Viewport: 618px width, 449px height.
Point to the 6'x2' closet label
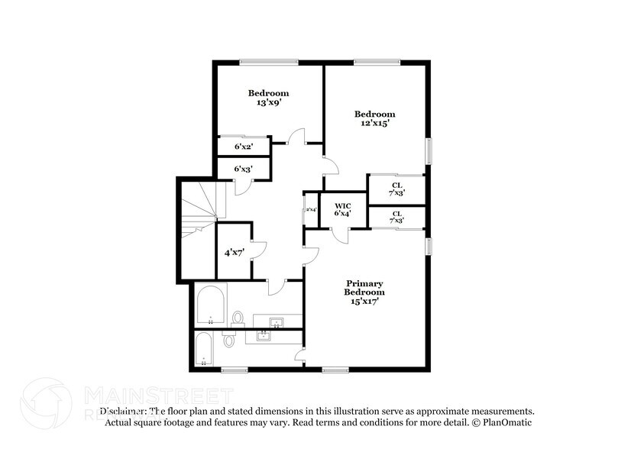pyautogui.click(x=242, y=146)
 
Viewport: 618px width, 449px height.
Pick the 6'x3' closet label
pyautogui.click(x=242, y=168)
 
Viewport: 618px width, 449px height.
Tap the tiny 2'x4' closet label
pyautogui.click(x=311, y=209)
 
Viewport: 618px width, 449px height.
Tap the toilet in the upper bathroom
pyautogui.click(x=238, y=318)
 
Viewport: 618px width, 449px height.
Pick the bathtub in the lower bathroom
pyautogui.click(x=205, y=350)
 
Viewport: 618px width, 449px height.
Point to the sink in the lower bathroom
pyautogui.click(x=265, y=337)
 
